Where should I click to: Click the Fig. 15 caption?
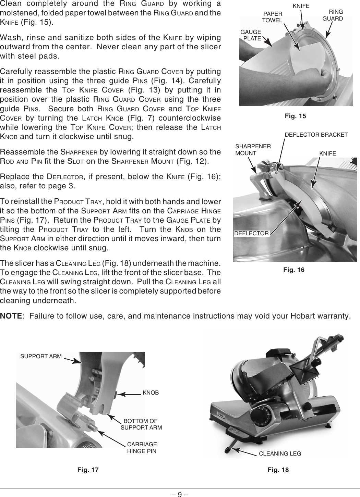[x=295, y=116]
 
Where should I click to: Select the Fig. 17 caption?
[x=88, y=470]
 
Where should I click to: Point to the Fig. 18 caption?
[x=278, y=470]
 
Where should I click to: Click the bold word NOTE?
[x=12, y=315]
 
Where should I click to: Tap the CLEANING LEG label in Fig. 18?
[x=280, y=453]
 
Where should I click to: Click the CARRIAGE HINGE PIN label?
[x=142, y=448]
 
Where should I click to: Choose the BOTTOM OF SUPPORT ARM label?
[x=141, y=424]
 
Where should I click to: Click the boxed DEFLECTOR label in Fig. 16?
[x=252, y=233]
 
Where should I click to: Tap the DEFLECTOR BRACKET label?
[x=316, y=135]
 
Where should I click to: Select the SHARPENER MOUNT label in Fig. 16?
[x=253, y=150]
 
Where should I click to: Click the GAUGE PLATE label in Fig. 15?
[x=251, y=35]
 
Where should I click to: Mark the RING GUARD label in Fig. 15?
[x=333, y=15]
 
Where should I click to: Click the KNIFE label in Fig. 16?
[x=327, y=153]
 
